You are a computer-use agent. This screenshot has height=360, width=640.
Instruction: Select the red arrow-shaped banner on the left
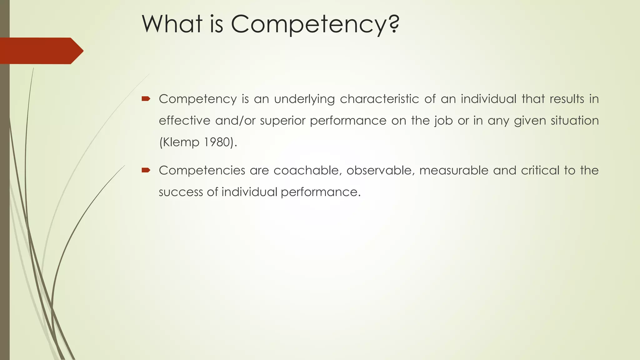pyautogui.click(x=41, y=51)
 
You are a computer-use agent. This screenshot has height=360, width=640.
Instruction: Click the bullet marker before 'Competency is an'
pyautogui.click(x=146, y=99)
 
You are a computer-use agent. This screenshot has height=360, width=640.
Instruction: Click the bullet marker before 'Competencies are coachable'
pyautogui.click(x=146, y=170)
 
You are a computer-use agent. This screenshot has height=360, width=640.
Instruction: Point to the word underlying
pyautogui.click(x=304, y=99)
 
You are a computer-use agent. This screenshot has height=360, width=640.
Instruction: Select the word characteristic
pyautogui.click(x=379, y=99)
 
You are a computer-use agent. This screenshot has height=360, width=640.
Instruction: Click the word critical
pyautogui.click(x=540, y=170)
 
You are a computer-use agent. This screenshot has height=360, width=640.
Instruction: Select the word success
pyautogui.click(x=181, y=192)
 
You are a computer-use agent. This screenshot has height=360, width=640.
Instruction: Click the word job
pyautogui.click(x=443, y=121)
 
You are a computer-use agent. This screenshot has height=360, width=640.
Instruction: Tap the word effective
pyautogui.click(x=184, y=121)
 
